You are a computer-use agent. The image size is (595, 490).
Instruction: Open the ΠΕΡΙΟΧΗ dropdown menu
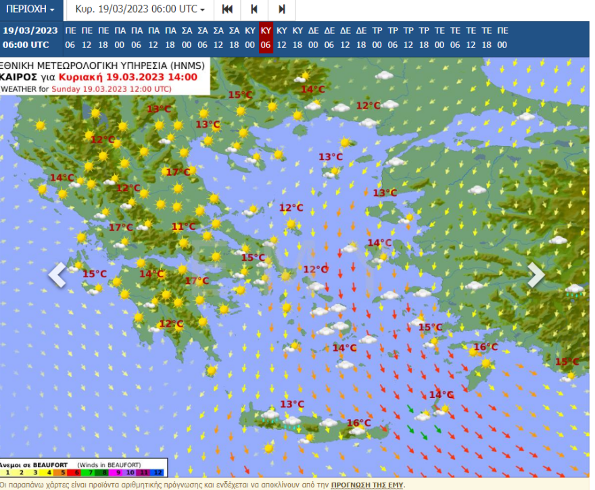coord(31,9)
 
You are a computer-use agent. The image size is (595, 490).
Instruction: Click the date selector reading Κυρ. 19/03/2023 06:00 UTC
coord(140,9)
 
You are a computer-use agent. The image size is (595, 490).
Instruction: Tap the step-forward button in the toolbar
coord(282,9)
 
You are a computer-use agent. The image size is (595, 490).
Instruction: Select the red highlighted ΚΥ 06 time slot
coord(266,38)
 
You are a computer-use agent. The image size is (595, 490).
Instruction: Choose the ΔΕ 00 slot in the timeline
coord(313,38)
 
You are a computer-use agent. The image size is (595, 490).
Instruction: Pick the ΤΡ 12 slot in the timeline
coord(408,38)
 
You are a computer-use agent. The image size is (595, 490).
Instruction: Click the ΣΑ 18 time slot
coord(234,38)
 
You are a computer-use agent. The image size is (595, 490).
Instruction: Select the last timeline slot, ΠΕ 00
coord(502,38)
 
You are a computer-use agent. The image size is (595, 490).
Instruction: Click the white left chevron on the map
coord(57,274)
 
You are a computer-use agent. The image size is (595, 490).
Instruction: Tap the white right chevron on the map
coord(535,274)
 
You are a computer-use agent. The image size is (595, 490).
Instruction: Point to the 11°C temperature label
coord(183,227)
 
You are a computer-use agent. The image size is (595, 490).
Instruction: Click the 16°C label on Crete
coord(358,423)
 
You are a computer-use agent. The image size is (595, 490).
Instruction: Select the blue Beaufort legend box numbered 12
coord(158,472)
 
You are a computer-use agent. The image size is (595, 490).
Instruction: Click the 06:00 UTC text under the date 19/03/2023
coord(26,45)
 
